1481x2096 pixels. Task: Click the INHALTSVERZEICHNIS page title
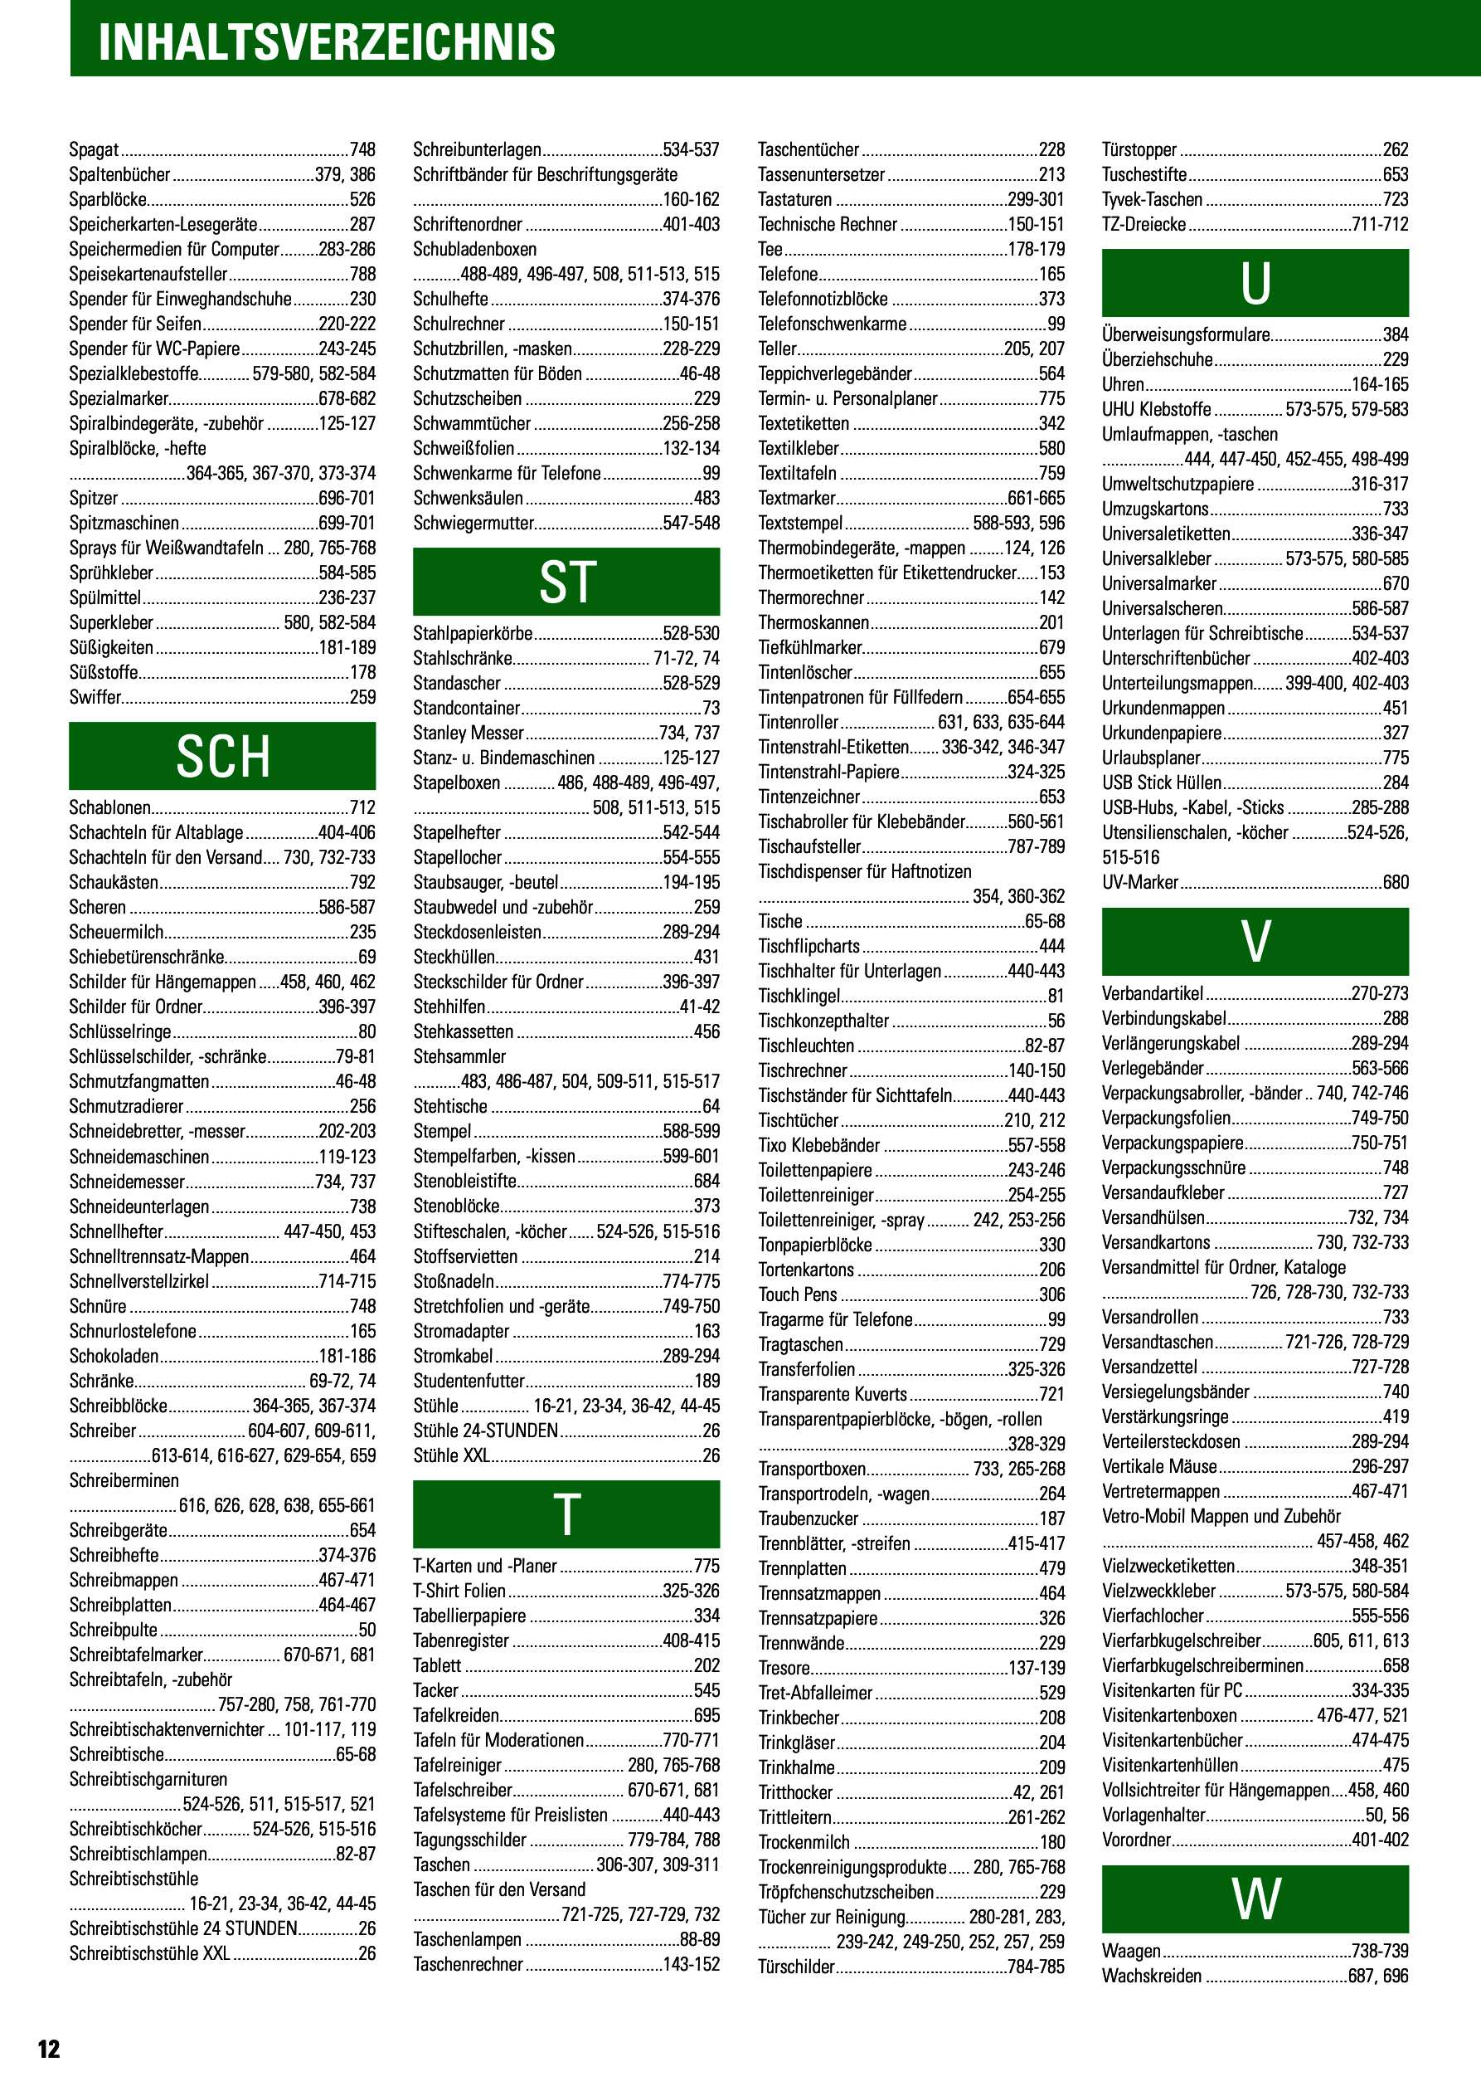point(326,42)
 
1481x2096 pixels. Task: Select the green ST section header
point(566,582)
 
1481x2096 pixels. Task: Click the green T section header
point(566,1514)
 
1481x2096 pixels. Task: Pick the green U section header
point(1255,283)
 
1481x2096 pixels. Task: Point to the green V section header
point(1255,941)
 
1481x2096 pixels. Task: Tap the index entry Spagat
point(94,149)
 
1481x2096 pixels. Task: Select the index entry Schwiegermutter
point(473,523)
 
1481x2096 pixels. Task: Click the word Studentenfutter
point(469,1382)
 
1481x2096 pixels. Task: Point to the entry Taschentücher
point(808,149)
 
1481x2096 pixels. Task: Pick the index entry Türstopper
point(1139,149)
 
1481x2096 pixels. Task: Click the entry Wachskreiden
point(1152,1977)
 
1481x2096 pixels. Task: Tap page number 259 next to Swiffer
point(362,698)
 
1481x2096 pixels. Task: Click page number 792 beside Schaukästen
point(362,883)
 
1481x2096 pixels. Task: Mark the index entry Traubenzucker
point(808,1519)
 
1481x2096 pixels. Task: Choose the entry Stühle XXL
point(452,1456)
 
